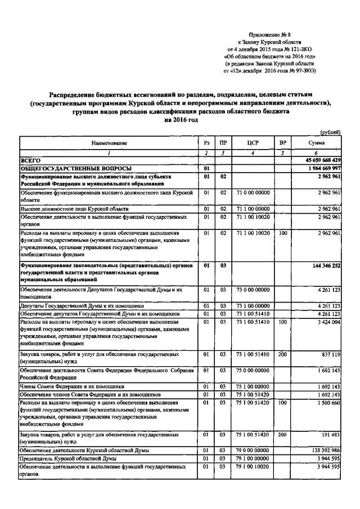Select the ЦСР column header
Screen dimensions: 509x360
253,143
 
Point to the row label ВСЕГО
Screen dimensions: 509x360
31,161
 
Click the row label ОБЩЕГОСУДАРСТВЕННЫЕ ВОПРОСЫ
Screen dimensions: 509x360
76,169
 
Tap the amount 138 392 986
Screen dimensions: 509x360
322,452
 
